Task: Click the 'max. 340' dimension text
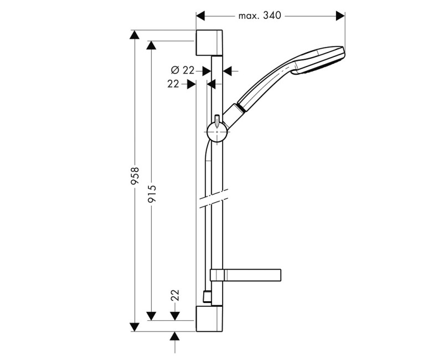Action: coord(260,16)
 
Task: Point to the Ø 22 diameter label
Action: coord(183,70)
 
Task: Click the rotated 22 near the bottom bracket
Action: coord(176,295)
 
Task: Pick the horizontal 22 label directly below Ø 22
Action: coord(173,84)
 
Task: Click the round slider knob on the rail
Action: coord(217,133)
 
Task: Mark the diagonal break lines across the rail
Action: coord(212,198)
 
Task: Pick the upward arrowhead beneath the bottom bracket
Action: coord(176,337)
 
